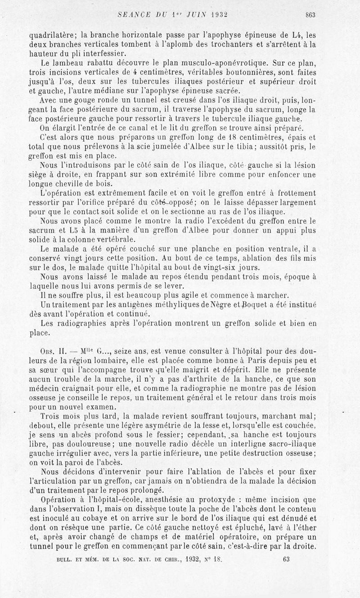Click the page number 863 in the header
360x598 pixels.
coord(310,14)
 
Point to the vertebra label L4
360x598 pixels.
coord(295,35)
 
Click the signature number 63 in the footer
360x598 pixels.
coord(288,572)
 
